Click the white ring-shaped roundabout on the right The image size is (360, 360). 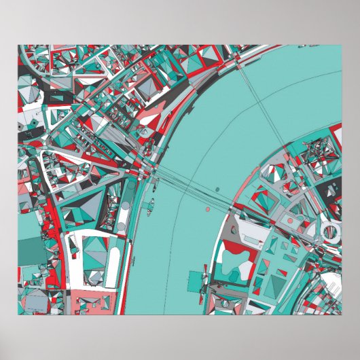330,232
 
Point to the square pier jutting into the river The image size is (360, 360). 200,279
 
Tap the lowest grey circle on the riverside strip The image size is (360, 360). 120,223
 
